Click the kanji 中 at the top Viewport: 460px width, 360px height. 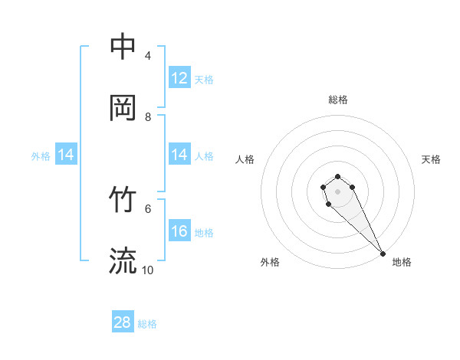click(123, 47)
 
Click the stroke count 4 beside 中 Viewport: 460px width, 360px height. click(148, 56)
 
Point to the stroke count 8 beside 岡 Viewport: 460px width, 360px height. click(148, 116)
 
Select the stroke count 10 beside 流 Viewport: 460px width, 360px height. click(148, 270)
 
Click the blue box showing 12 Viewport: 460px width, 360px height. click(179, 78)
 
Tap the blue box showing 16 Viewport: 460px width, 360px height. click(179, 231)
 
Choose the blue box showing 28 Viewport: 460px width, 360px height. click(123, 322)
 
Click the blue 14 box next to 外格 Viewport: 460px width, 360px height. click(66, 155)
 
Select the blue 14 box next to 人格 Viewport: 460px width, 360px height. click(179, 155)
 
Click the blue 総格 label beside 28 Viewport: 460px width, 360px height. click(147, 324)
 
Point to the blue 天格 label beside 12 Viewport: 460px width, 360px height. click(204, 80)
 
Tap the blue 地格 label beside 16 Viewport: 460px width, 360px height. click(204, 233)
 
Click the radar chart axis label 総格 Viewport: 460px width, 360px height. click(337, 100)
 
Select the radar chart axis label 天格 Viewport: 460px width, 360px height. click(431, 159)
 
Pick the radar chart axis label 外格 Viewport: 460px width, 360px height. click(270, 262)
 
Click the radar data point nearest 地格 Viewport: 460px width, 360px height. click(383, 253)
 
